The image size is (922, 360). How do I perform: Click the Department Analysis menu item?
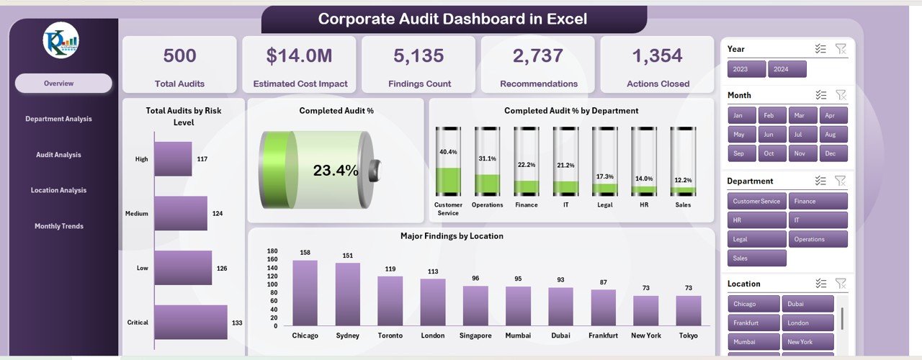[x=58, y=119]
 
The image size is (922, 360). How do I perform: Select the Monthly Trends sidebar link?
[x=59, y=226]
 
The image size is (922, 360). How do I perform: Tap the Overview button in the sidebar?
[x=63, y=84]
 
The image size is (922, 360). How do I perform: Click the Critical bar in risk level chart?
[x=191, y=322]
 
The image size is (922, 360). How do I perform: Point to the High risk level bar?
[x=174, y=158]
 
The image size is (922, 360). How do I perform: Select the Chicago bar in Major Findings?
[x=305, y=292]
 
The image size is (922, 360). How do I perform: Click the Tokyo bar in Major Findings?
[x=689, y=310]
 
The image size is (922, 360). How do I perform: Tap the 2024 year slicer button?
[x=787, y=70]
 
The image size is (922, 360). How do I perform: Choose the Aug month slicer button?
[x=830, y=135]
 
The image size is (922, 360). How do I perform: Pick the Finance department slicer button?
[x=818, y=202]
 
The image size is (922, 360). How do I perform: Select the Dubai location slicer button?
[x=810, y=304]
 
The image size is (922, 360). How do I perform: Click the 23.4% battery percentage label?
[x=335, y=171]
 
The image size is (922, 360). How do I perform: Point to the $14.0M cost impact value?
[x=300, y=56]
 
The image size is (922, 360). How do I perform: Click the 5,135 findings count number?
[x=418, y=56]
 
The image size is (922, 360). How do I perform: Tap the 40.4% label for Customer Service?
[x=447, y=152]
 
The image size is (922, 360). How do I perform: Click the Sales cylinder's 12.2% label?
[x=683, y=180]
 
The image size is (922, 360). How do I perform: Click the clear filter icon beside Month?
[x=841, y=95]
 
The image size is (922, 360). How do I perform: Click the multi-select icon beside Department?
[x=820, y=181]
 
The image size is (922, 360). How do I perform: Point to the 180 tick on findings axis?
[x=272, y=251]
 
